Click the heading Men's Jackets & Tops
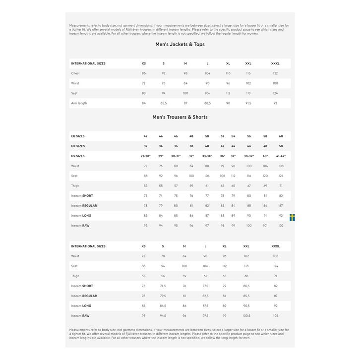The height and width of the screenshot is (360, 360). (180, 45)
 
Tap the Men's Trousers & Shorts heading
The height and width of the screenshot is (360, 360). (180, 118)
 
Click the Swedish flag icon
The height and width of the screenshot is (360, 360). (293, 217)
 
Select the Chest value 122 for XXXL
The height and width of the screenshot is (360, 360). (275, 73)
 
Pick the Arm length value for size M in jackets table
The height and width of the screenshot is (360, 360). (185, 103)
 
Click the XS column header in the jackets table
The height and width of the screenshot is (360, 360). (144, 63)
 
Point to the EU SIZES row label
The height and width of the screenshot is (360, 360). (78, 136)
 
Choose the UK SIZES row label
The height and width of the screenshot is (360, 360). (78, 146)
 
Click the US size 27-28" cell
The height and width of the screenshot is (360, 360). (145, 156)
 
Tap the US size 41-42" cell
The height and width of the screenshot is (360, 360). (281, 156)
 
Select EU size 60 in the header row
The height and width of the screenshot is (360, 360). (281, 136)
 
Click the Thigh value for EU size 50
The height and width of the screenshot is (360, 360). (207, 186)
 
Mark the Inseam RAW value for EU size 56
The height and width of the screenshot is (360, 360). (249, 226)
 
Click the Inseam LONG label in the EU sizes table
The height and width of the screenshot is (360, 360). (81, 216)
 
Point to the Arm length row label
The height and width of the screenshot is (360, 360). (79, 103)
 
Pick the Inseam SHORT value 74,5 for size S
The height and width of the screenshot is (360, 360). (163, 286)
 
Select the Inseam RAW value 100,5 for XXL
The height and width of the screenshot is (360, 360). (246, 316)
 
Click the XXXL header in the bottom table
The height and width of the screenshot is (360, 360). (276, 246)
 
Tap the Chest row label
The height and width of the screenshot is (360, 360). (75, 73)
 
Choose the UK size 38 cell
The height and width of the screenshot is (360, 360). (191, 146)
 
